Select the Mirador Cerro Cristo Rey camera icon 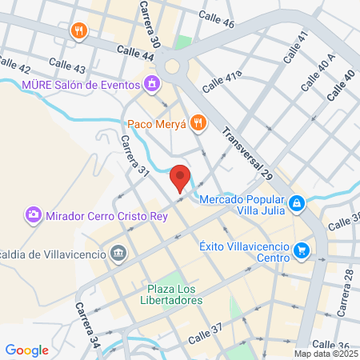click(x=34, y=214)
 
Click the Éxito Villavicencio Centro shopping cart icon click(x=302, y=250)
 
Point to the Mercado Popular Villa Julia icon click(x=297, y=204)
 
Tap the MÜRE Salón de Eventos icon click(x=150, y=82)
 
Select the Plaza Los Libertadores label click(x=174, y=294)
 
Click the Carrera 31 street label click(x=134, y=155)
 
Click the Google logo click(x=26, y=350)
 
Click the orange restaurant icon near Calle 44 click(x=78, y=31)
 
